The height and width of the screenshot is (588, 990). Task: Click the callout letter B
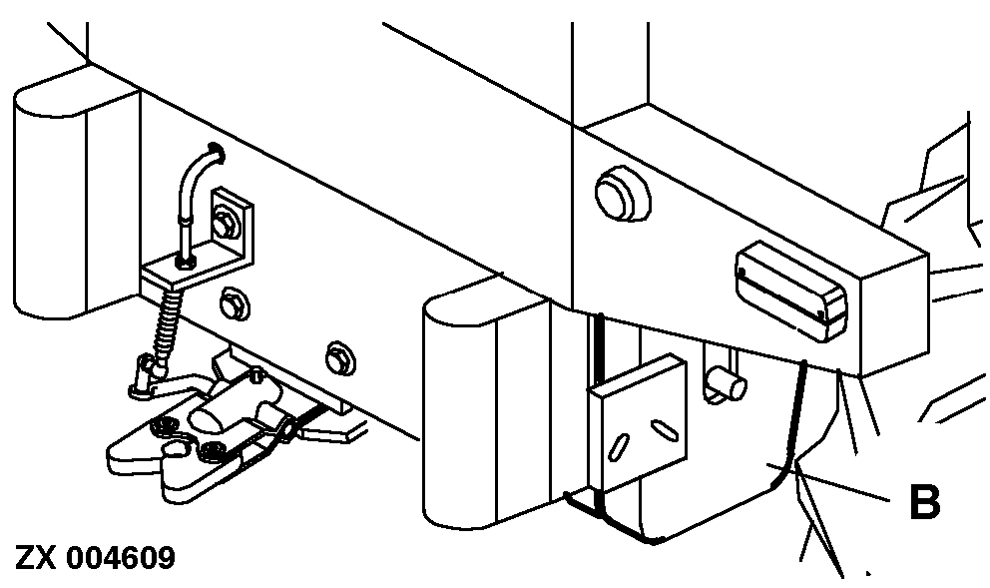[x=924, y=502]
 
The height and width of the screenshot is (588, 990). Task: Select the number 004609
[x=121, y=558]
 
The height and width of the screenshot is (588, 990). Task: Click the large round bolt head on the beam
[x=623, y=194]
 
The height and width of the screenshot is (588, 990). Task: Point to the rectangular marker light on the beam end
[x=790, y=292]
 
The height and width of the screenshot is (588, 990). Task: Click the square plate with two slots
[x=638, y=424]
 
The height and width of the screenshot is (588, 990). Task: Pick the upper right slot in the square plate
[x=664, y=429]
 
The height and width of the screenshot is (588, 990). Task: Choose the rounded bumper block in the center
[x=486, y=404]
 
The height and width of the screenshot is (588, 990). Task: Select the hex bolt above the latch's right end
[x=340, y=358]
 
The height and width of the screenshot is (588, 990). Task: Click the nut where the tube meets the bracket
[x=184, y=262]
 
